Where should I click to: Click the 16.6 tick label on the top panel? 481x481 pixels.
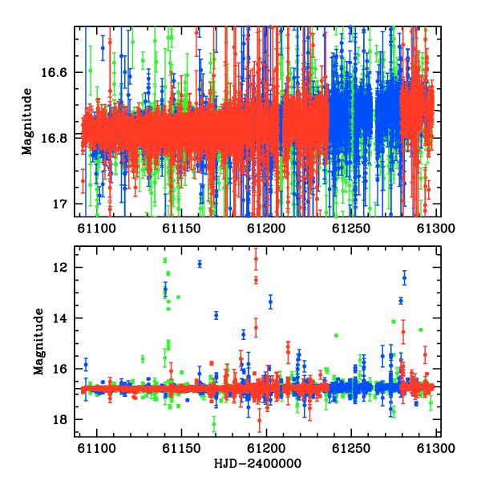[x=54, y=73]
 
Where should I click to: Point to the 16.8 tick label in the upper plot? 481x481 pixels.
[x=54, y=139]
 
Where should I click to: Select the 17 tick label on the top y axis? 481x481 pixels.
[x=59, y=204]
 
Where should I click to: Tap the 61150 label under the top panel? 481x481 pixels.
[x=181, y=228]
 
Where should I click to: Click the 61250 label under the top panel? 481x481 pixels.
[x=351, y=228]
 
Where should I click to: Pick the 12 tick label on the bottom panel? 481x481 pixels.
[x=59, y=268]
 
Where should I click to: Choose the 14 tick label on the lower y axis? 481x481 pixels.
[x=59, y=318]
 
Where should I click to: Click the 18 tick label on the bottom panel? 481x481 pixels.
[x=59, y=419]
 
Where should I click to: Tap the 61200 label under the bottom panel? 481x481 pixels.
[x=266, y=448]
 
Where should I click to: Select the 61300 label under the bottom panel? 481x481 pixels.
[x=436, y=448]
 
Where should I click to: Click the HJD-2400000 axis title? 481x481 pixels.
[x=257, y=463]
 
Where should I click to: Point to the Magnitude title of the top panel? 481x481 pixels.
[x=27, y=122]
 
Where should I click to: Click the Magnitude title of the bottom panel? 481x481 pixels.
[x=39, y=342]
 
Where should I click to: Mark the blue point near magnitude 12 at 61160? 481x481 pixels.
[x=200, y=264]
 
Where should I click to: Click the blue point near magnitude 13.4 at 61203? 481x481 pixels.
[x=271, y=302]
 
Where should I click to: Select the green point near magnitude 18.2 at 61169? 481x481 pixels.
[x=214, y=424]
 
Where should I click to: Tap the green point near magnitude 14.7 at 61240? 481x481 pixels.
[x=336, y=336]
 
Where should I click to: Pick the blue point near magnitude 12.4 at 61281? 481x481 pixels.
[x=405, y=278]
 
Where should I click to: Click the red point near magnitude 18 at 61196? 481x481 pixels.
[x=260, y=420]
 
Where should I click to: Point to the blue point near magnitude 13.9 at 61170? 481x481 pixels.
[x=216, y=315]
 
